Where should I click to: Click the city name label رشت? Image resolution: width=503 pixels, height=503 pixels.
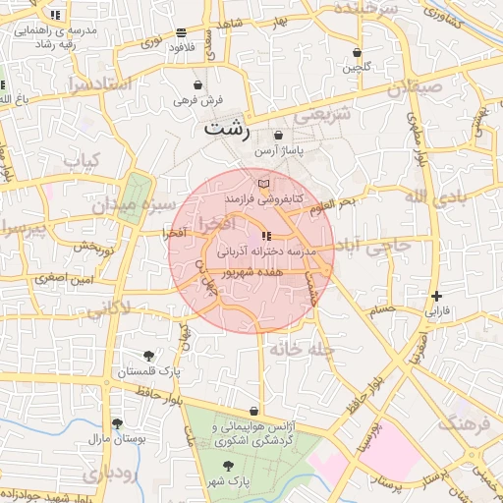(x=227, y=129)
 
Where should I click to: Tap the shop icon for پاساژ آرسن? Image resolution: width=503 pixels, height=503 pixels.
(x=279, y=136)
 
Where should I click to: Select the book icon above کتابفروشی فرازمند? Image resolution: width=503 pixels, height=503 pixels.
(x=262, y=184)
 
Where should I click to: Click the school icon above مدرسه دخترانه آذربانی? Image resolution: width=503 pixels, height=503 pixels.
(x=266, y=236)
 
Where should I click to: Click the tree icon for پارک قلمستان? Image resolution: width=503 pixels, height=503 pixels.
(x=148, y=356)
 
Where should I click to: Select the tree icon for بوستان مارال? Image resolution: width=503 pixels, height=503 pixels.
(x=118, y=423)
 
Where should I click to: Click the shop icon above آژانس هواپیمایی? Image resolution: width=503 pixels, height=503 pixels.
(x=255, y=411)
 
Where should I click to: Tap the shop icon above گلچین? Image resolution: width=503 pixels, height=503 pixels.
(x=356, y=53)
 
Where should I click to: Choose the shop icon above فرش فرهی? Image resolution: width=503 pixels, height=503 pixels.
(x=199, y=84)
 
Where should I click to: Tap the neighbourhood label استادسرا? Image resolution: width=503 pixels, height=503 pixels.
(x=98, y=84)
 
